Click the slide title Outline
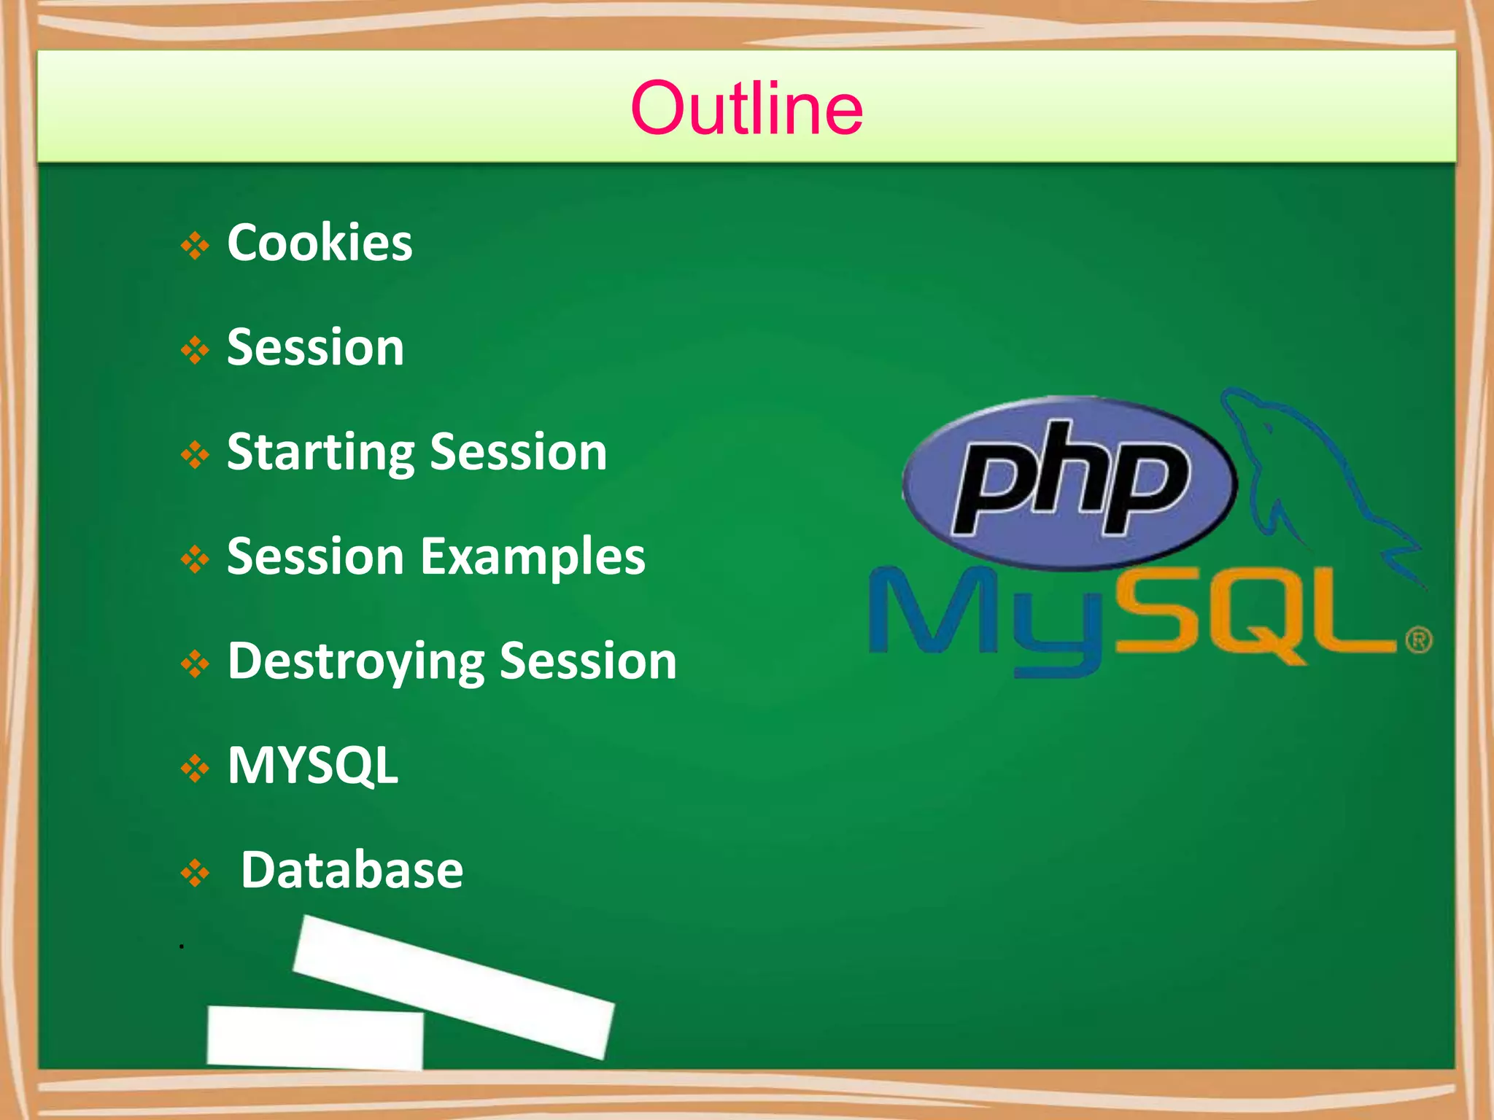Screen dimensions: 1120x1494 (746, 109)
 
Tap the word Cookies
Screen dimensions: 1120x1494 (320, 243)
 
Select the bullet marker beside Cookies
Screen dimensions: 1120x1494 (195, 246)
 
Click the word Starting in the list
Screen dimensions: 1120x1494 (320, 453)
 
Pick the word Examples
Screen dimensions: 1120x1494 (533, 557)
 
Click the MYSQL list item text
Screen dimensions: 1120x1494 (313, 766)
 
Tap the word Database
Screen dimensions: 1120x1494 (352, 870)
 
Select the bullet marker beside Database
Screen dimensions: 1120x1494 (195, 873)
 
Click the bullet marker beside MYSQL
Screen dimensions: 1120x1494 (195, 769)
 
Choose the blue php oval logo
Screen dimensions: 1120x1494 (1069, 481)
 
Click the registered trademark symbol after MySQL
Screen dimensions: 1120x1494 (1419, 641)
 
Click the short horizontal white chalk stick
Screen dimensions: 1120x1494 (315, 1037)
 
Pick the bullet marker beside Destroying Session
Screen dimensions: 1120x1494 (195, 664)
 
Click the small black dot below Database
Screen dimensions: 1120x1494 (182, 946)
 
